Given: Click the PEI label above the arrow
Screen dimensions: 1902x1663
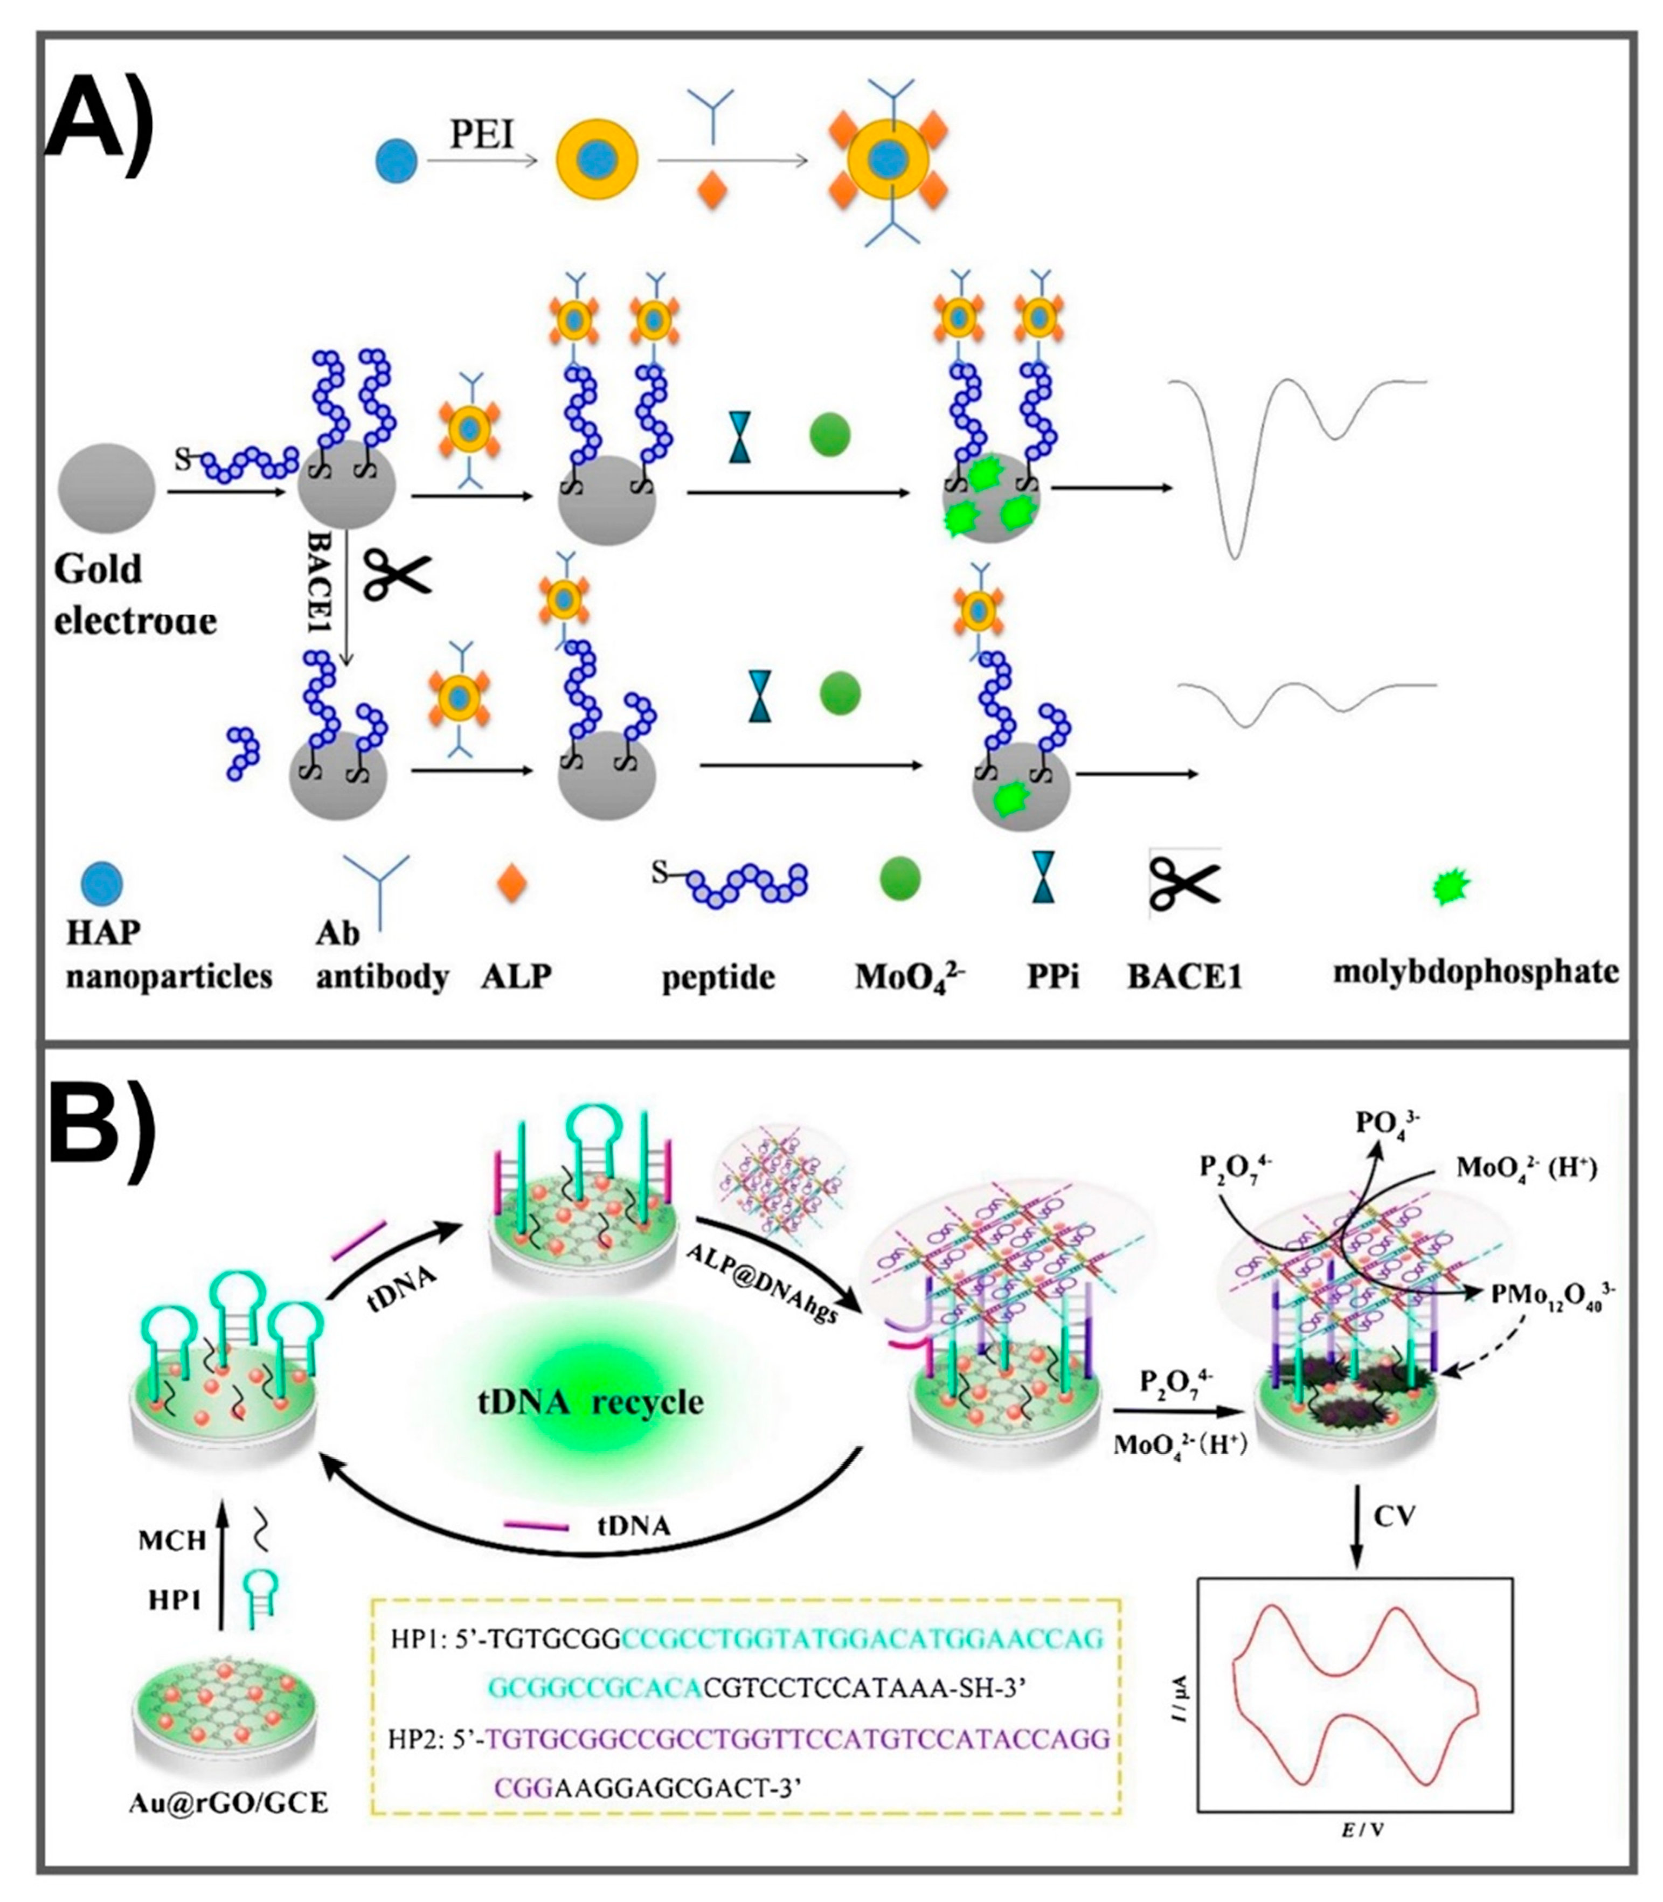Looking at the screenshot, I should (482, 135).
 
